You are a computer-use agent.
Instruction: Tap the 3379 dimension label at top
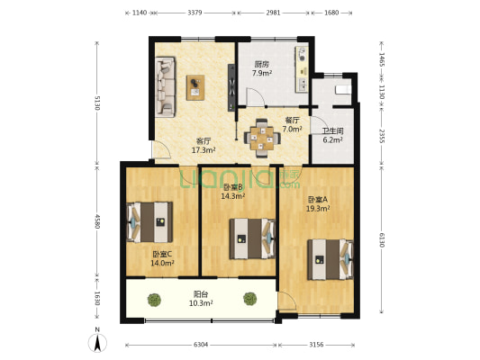tap(195, 13)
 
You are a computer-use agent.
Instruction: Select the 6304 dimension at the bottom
tap(201, 345)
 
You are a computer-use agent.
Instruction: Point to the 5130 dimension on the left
tap(97, 103)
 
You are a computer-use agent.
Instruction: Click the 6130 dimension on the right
tap(382, 239)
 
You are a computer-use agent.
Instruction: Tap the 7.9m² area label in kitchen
tap(262, 74)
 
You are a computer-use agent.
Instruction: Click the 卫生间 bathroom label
tap(332, 131)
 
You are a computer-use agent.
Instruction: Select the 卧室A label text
tap(318, 200)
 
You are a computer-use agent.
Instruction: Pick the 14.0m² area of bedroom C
tap(162, 263)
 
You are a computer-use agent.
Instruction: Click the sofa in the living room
tap(166, 86)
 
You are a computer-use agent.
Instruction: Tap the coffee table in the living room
tap(195, 87)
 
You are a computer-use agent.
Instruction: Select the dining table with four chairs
tap(262, 139)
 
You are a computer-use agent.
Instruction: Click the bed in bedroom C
tap(149, 222)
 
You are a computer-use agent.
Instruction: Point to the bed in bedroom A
tap(331, 260)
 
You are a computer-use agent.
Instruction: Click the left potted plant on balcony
tap(154, 300)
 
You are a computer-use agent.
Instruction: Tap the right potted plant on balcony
tap(250, 299)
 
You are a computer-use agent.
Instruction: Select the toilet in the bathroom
tap(343, 90)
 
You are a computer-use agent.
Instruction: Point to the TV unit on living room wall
tap(231, 87)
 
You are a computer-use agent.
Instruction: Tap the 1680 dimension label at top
tap(331, 13)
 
